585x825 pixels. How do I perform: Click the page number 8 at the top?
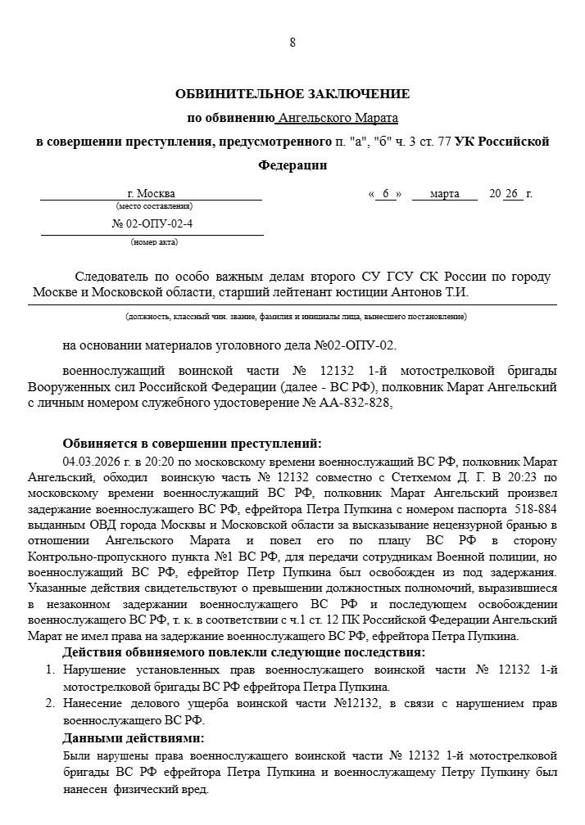coord(292,43)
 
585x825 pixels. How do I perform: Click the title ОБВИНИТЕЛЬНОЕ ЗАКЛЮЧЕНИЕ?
coord(292,94)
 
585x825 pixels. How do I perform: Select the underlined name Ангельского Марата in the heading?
coord(338,118)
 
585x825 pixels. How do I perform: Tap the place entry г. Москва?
coord(152,194)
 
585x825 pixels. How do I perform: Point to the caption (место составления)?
coord(152,207)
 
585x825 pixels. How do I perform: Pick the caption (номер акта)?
coord(153,241)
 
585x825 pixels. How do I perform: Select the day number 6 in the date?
coord(384,194)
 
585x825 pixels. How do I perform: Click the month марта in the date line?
coord(445,194)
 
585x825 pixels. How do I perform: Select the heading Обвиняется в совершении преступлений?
coord(193,444)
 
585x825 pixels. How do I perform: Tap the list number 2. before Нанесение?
coord(49,703)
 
